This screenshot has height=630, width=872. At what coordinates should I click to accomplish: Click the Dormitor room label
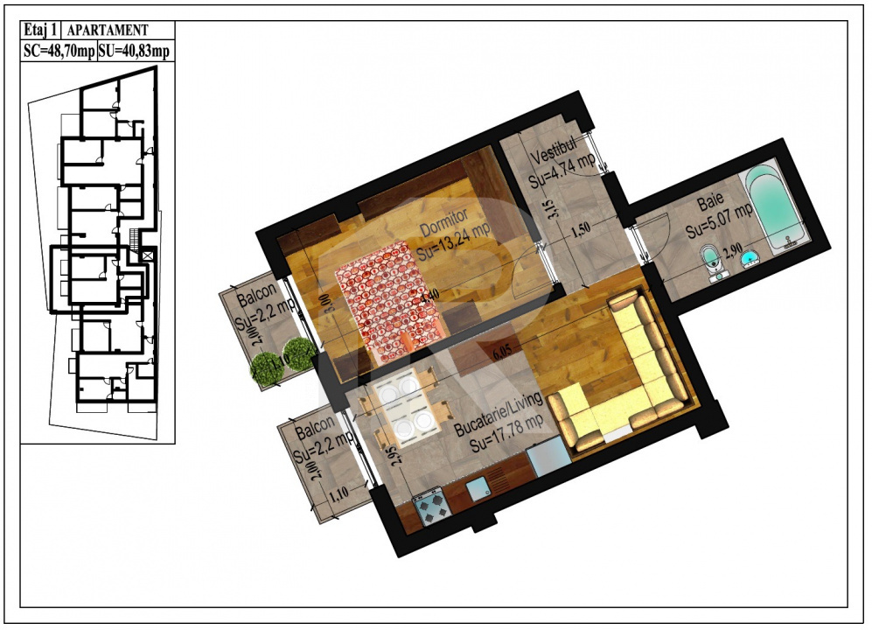point(443,222)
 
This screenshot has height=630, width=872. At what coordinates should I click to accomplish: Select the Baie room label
point(710,204)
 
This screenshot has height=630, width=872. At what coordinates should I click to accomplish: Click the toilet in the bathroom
point(713,261)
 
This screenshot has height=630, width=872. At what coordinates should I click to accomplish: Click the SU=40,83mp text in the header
point(136,52)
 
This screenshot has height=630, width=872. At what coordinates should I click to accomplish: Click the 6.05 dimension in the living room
point(501,353)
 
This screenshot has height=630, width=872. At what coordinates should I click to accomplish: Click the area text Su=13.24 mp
point(454,240)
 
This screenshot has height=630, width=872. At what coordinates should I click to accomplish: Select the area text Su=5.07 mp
point(719,222)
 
